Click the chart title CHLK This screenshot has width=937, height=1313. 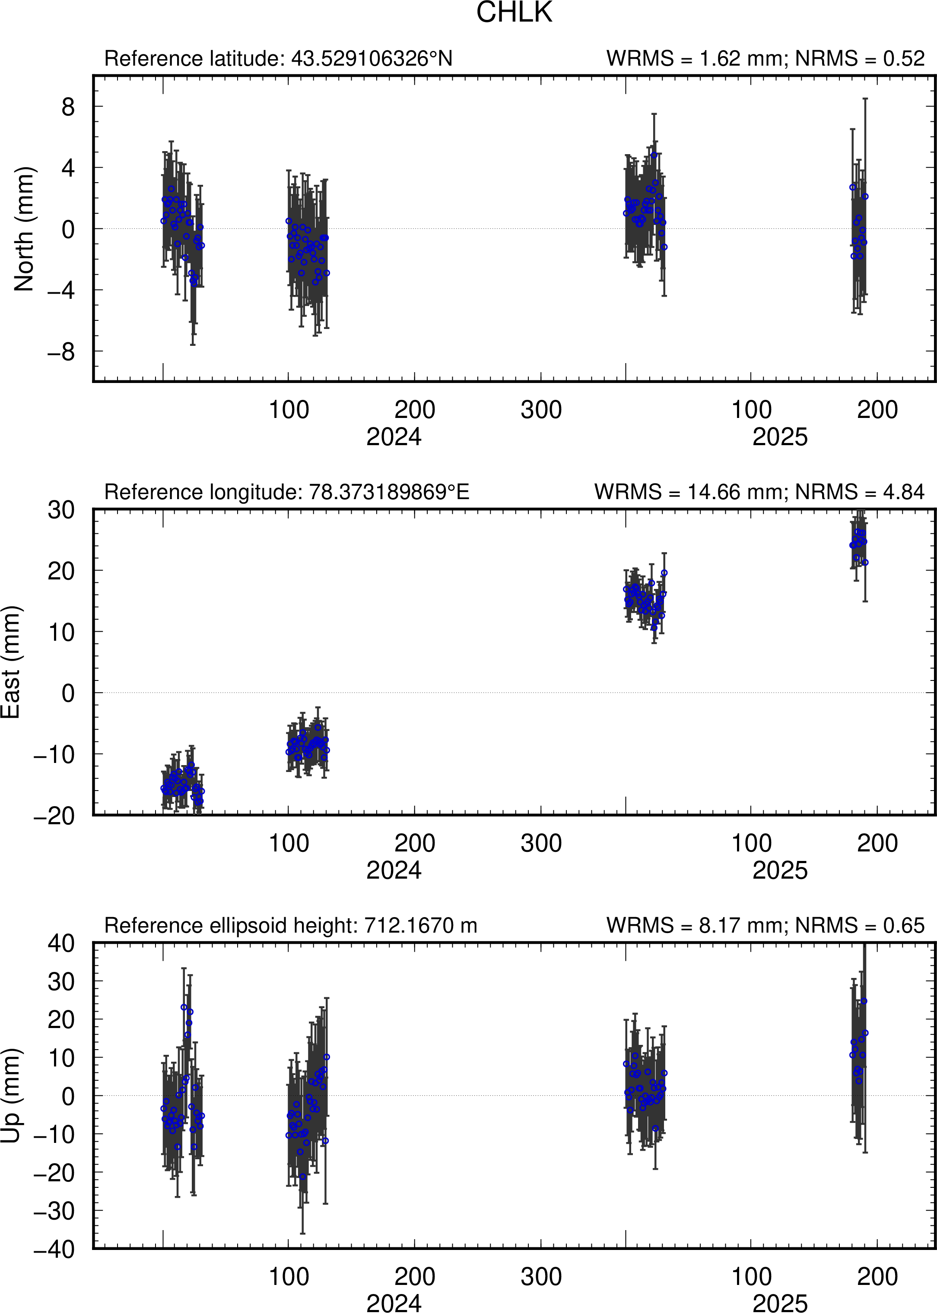(x=514, y=13)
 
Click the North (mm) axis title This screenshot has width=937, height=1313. (x=24, y=229)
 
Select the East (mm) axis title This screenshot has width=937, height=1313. (x=10, y=662)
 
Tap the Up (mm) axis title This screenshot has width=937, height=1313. (x=10, y=1096)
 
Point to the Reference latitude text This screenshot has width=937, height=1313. (x=278, y=59)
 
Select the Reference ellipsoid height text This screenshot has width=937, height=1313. (x=291, y=926)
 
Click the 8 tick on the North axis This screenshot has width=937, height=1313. (x=68, y=107)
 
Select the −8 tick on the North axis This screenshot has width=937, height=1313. (x=61, y=352)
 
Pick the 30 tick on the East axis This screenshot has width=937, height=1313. (x=61, y=510)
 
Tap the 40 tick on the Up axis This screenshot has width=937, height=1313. (x=61, y=943)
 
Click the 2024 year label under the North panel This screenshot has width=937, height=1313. (x=394, y=437)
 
